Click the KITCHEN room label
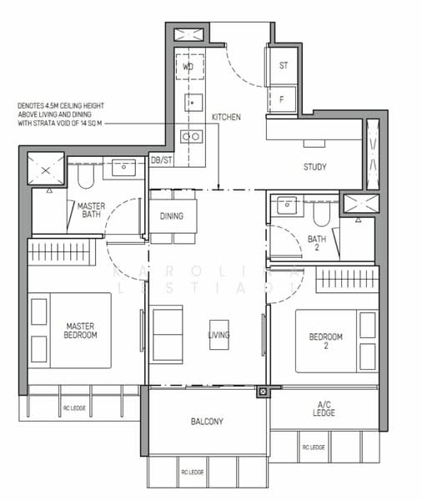[226, 118]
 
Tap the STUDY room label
[314, 167]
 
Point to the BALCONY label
[206, 423]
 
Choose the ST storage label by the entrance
[284, 65]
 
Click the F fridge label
[282, 99]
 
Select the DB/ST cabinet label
[162, 159]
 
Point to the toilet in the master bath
[83, 175]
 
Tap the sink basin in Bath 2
[287, 202]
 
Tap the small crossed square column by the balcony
[262, 390]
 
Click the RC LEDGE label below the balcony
[192, 473]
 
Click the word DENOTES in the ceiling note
[33, 106]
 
